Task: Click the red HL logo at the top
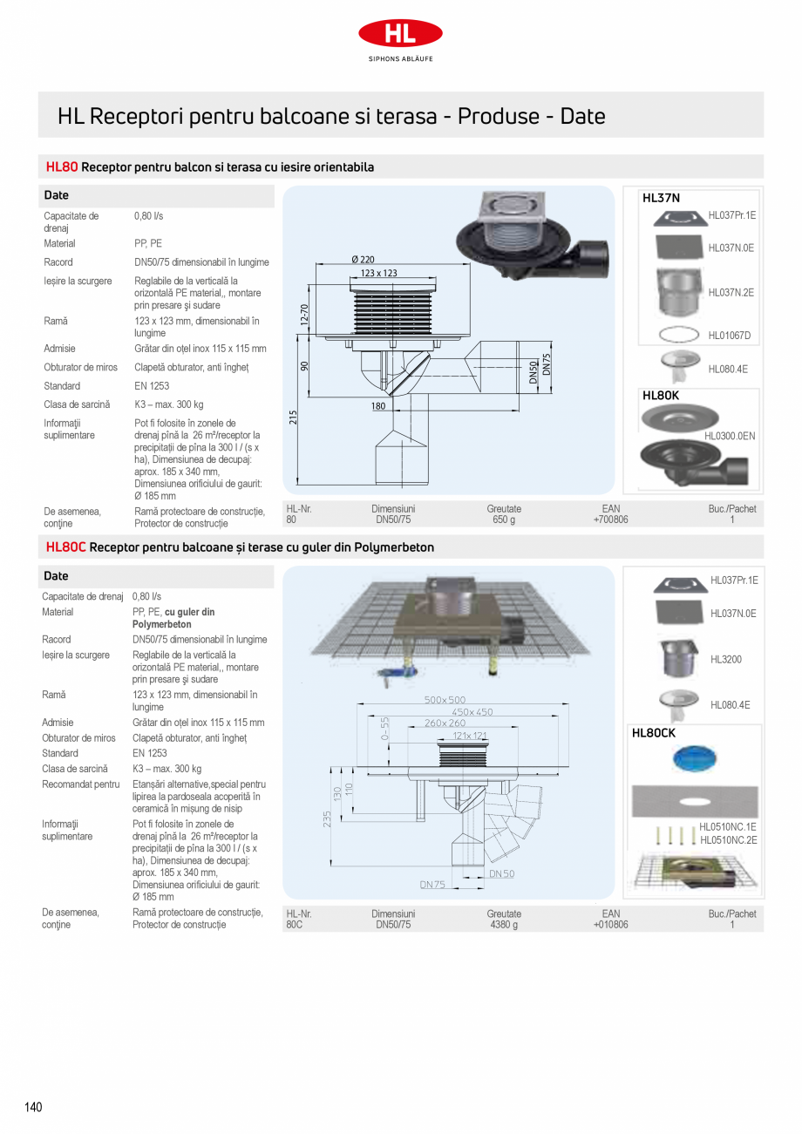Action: tap(400, 33)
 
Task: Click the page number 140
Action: tap(33, 1107)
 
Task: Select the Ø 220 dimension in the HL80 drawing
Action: tap(363, 260)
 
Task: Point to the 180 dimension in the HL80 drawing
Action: tap(377, 406)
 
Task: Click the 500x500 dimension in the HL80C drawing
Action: tap(445, 700)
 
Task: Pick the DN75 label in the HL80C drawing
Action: tap(432, 885)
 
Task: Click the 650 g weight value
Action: tap(504, 519)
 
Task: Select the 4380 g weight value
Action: tap(504, 925)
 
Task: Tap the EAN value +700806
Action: tap(610, 519)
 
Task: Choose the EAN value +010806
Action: tap(610, 925)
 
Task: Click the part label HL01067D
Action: tap(729, 335)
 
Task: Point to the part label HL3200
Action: tap(726, 660)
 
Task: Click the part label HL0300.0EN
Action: tap(730, 435)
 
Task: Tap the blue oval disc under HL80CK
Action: tap(695, 758)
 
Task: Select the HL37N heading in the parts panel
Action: tap(661, 198)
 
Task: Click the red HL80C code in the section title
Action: tap(65, 547)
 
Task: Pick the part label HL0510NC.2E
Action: tap(729, 840)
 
